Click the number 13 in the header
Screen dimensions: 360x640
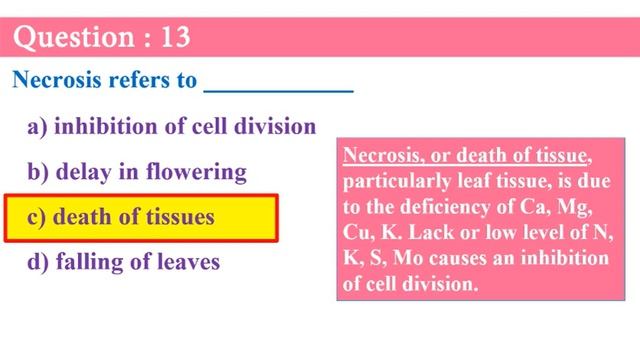pyautogui.click(x=172, y=38)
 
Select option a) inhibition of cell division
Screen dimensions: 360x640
pyautogui.click(x=172, y=127)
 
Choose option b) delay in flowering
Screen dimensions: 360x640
pyautogui.click(x=137, y=172)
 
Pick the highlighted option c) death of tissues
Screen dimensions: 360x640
pyautogui.click(x=140, y=217)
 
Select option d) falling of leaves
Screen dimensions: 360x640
pyautogui.click(x=124, y=262)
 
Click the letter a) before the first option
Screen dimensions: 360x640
pyautogui.click(x=39, y=127)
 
